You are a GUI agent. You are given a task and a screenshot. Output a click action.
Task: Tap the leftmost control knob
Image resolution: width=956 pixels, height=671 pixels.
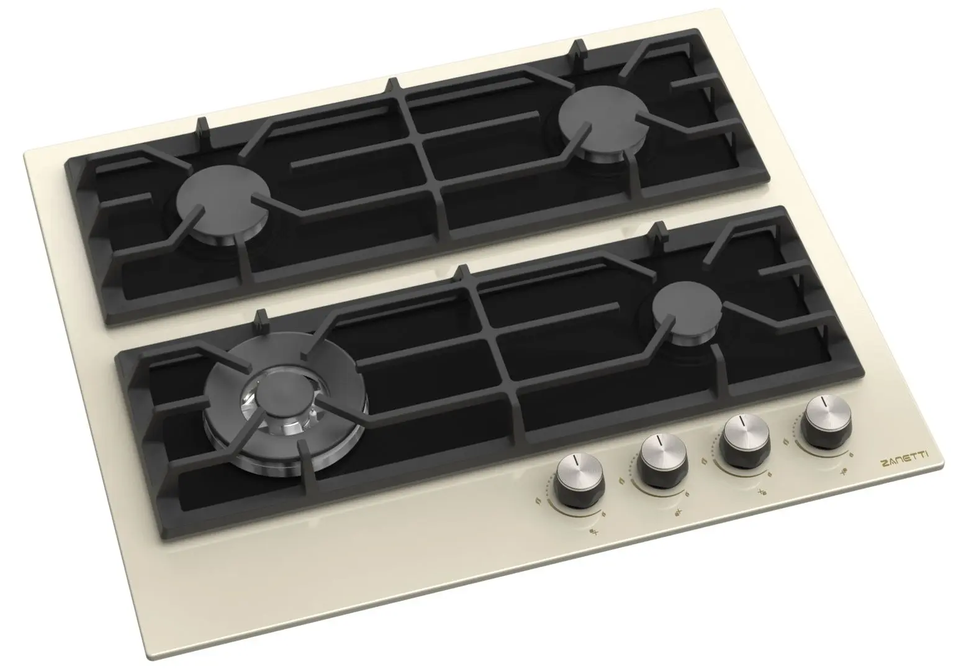point(579,480)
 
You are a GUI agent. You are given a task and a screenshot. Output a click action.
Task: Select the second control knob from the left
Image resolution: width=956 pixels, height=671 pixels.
point(662,460)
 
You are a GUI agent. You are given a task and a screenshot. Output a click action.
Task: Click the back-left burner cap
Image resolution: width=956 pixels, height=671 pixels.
point(222,204)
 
